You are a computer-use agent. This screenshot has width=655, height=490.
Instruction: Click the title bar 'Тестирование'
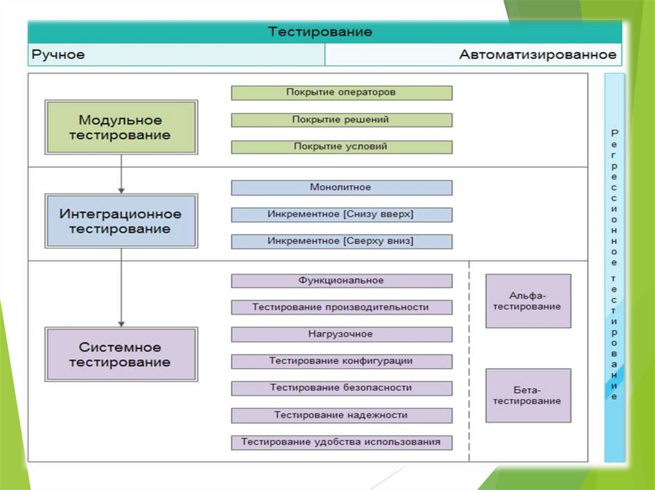pos(320,32)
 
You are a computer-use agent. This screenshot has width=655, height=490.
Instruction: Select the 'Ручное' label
pos(58,55)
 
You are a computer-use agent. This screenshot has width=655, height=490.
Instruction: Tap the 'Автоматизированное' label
pos(537,55)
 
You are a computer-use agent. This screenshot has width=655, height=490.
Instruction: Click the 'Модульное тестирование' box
pos(121,127)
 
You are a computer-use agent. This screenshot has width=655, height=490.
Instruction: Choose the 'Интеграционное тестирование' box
pos(121,221)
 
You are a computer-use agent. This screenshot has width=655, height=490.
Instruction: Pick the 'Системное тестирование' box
pos(121,355)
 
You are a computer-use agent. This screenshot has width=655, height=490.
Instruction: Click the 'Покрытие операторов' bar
pos(341,93)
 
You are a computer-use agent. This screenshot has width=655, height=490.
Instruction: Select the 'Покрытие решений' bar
pos(341,120)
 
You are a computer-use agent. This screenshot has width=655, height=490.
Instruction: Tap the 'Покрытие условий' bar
pos(341,147)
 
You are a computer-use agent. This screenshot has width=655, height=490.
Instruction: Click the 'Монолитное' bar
pos(341,188)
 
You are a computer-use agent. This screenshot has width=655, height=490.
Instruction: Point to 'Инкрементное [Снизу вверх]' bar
pos(341,215)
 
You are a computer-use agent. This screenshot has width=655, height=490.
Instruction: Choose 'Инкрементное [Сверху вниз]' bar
pos(341,241)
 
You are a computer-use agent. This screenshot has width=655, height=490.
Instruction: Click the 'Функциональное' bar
pos(341,281)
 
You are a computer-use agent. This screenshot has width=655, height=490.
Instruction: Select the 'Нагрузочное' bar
pos(341,334)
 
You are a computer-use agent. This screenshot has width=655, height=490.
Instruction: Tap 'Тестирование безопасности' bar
pos(341,388)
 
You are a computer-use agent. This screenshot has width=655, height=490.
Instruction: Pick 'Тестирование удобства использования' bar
pos(341,442)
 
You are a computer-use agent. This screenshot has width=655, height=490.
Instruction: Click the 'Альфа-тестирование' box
pos(528,301)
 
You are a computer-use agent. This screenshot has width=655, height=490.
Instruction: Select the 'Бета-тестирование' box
pos(528,395)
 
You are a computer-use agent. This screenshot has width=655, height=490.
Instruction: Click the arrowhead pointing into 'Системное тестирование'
pos(121,323)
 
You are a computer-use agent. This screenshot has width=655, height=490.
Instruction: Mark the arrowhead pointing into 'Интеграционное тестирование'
pos(121,190)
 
